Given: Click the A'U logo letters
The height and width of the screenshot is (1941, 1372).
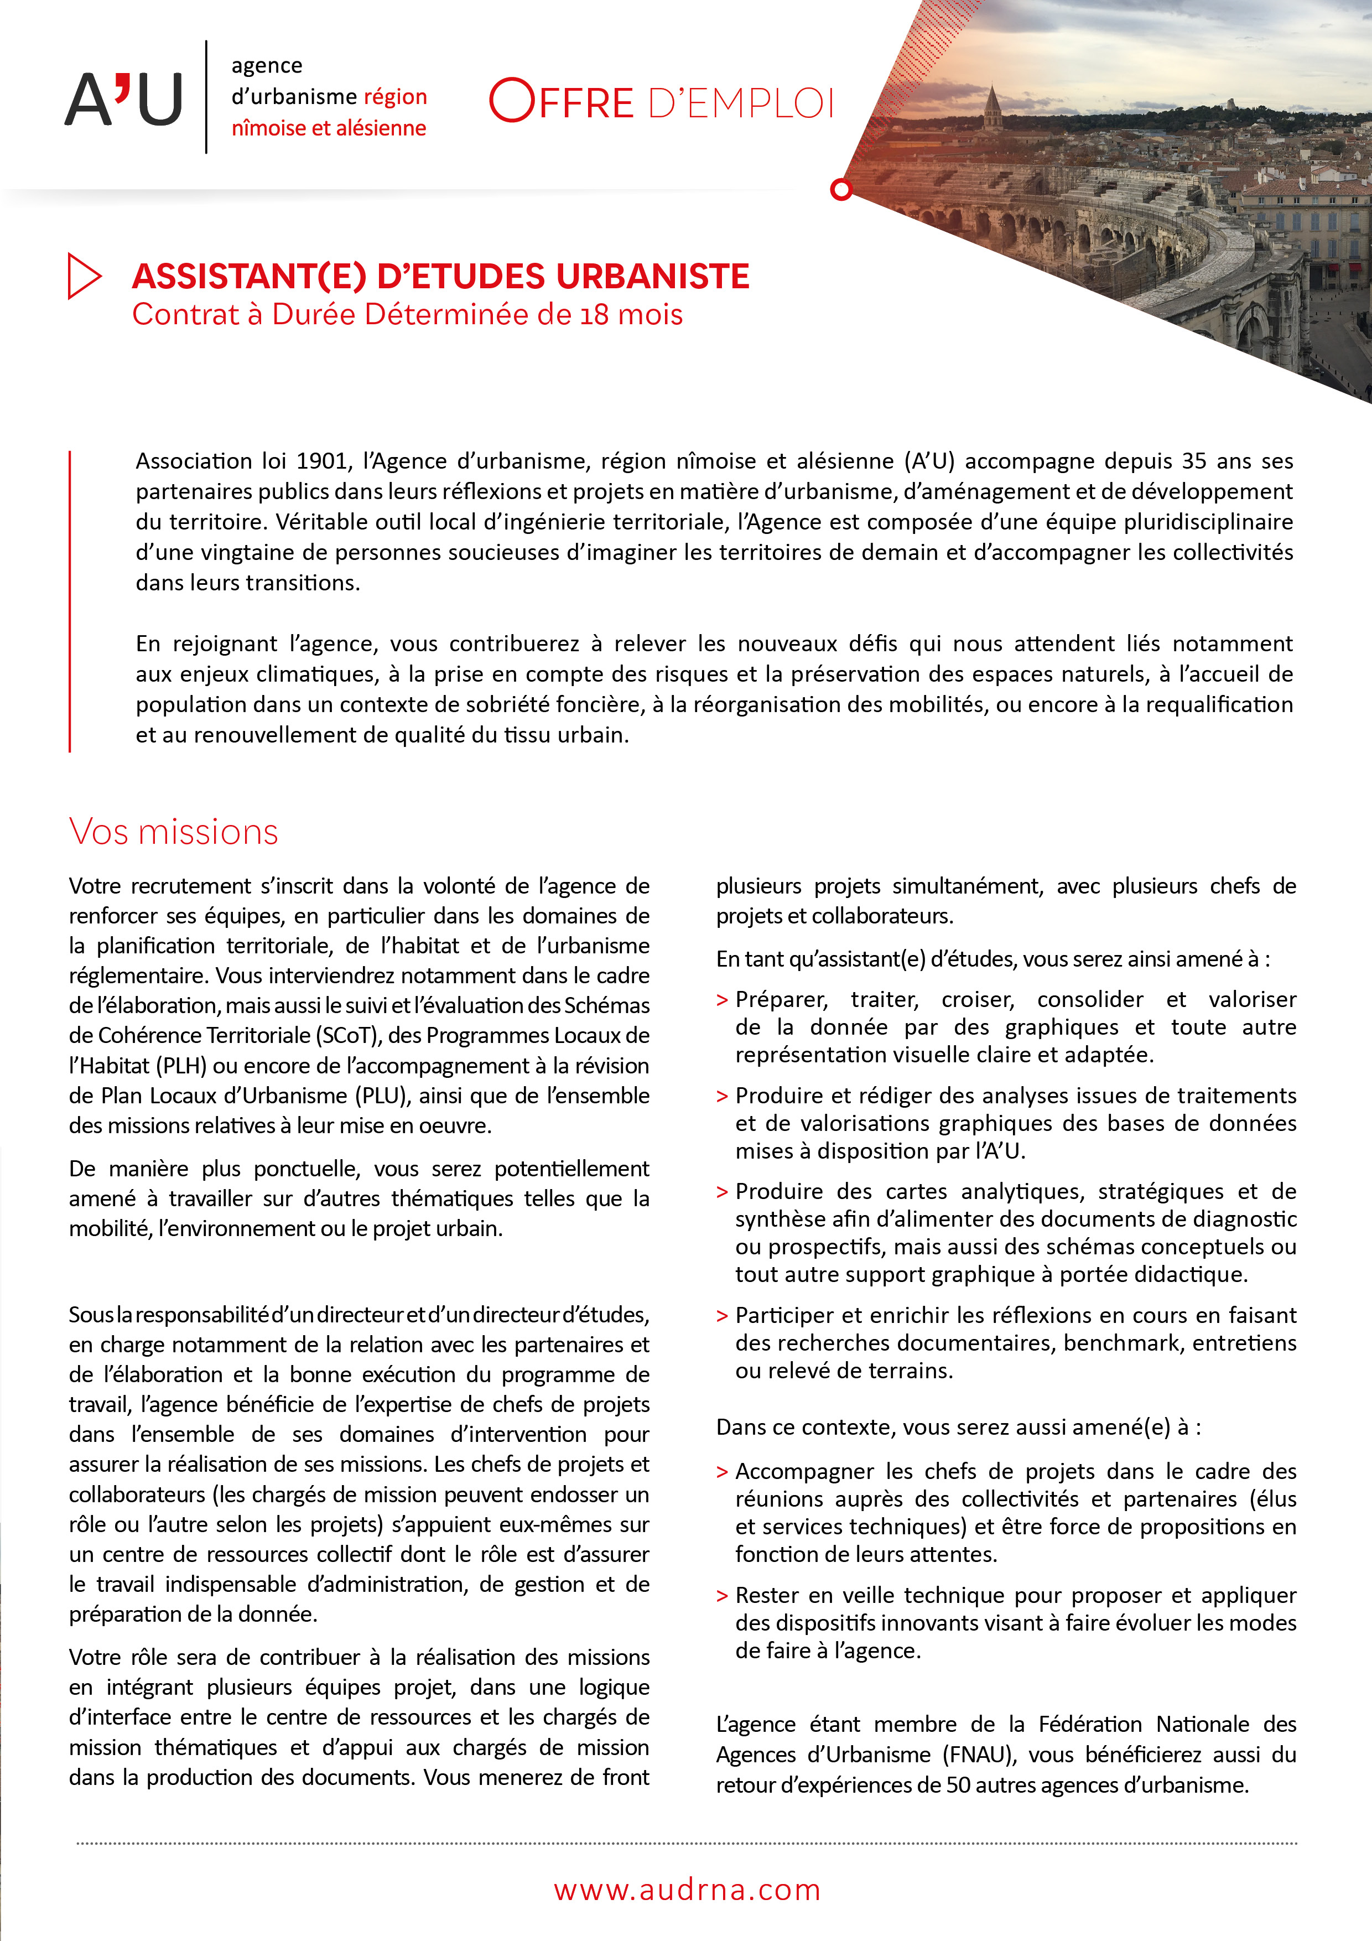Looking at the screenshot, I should pos(123,99).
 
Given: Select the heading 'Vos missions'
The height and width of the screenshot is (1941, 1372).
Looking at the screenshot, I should pos(173,832).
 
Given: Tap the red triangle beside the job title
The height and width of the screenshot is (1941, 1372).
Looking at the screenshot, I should pos(83,276).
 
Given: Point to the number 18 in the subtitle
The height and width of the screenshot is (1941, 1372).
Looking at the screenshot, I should pos(594,315).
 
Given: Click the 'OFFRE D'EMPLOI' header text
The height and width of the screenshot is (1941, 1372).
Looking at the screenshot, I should pos(662,101).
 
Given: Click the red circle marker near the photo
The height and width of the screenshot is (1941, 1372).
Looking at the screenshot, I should pos(840,189).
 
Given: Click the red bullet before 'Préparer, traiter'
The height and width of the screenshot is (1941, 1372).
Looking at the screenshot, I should pos(722,1000).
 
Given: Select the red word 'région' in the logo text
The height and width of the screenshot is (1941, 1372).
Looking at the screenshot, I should pos(395,96).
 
